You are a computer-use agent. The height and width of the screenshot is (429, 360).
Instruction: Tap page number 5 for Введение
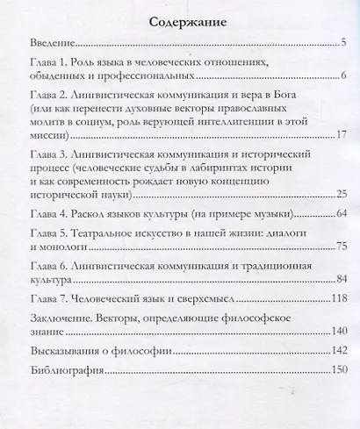344,41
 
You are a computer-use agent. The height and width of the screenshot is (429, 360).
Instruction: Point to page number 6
345,80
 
